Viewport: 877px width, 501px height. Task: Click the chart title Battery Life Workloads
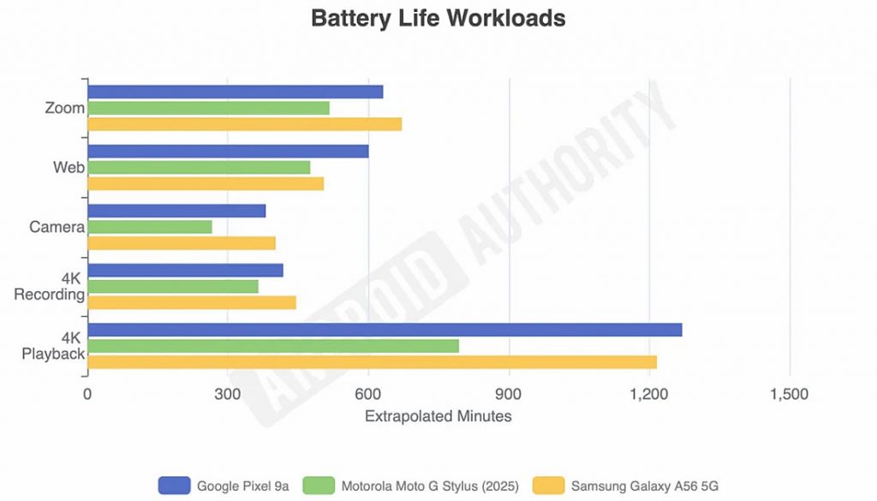click(438, 18)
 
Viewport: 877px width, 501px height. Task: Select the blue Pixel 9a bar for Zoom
click(235, 92)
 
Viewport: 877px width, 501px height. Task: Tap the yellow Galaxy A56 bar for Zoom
click(244, 124)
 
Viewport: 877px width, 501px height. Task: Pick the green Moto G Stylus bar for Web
click(199, 167)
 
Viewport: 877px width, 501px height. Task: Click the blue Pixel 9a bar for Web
click(228, 151)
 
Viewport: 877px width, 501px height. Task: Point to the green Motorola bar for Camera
click(150, 227)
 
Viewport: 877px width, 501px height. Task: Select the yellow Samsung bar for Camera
click(182, 243)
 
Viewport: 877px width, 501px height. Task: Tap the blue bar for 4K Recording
click(185, 270)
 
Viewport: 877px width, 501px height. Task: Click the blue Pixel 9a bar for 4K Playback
click(385, 330)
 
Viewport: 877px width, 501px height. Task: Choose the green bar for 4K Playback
click(273, 346)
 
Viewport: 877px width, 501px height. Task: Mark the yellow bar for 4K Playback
click(372, 362)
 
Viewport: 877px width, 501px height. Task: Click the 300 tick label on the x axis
click(228, 394)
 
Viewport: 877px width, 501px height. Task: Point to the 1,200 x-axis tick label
click(649, 394)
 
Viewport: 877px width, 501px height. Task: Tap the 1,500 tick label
click(790, 394)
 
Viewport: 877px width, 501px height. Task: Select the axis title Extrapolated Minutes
click(438, 416)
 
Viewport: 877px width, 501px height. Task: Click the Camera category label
click(57, 227)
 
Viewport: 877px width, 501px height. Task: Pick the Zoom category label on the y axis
click(64, 108)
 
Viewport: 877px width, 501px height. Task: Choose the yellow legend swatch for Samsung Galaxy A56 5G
click(549, 486)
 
